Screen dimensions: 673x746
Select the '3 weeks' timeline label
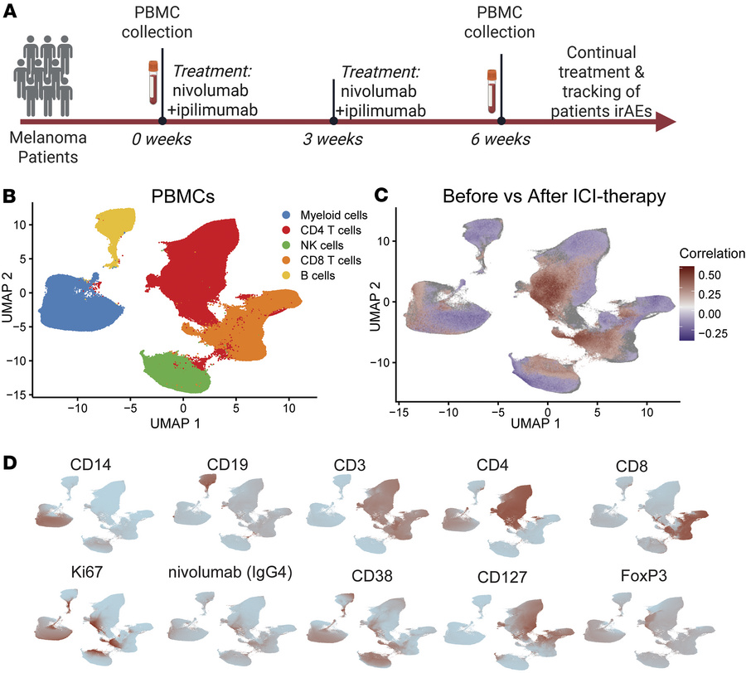332,138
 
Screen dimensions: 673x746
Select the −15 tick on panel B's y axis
28,394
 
